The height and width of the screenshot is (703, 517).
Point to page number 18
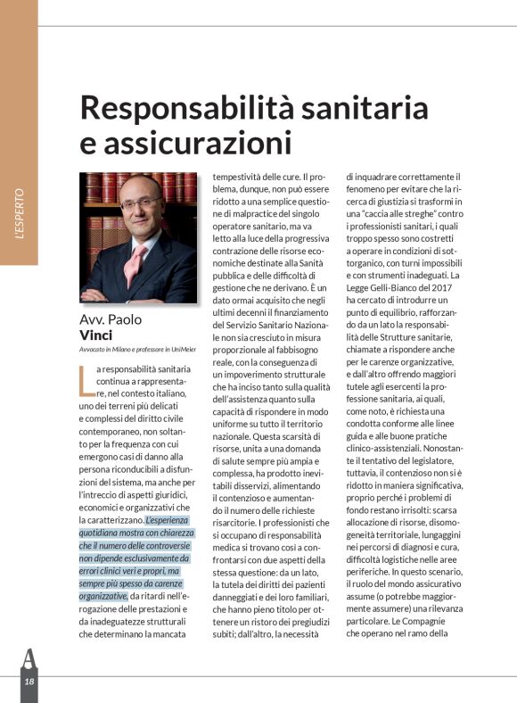tap(29, 682)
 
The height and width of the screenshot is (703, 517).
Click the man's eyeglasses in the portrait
tap(141, 203)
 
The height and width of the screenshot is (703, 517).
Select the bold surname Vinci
tap(99, 335)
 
